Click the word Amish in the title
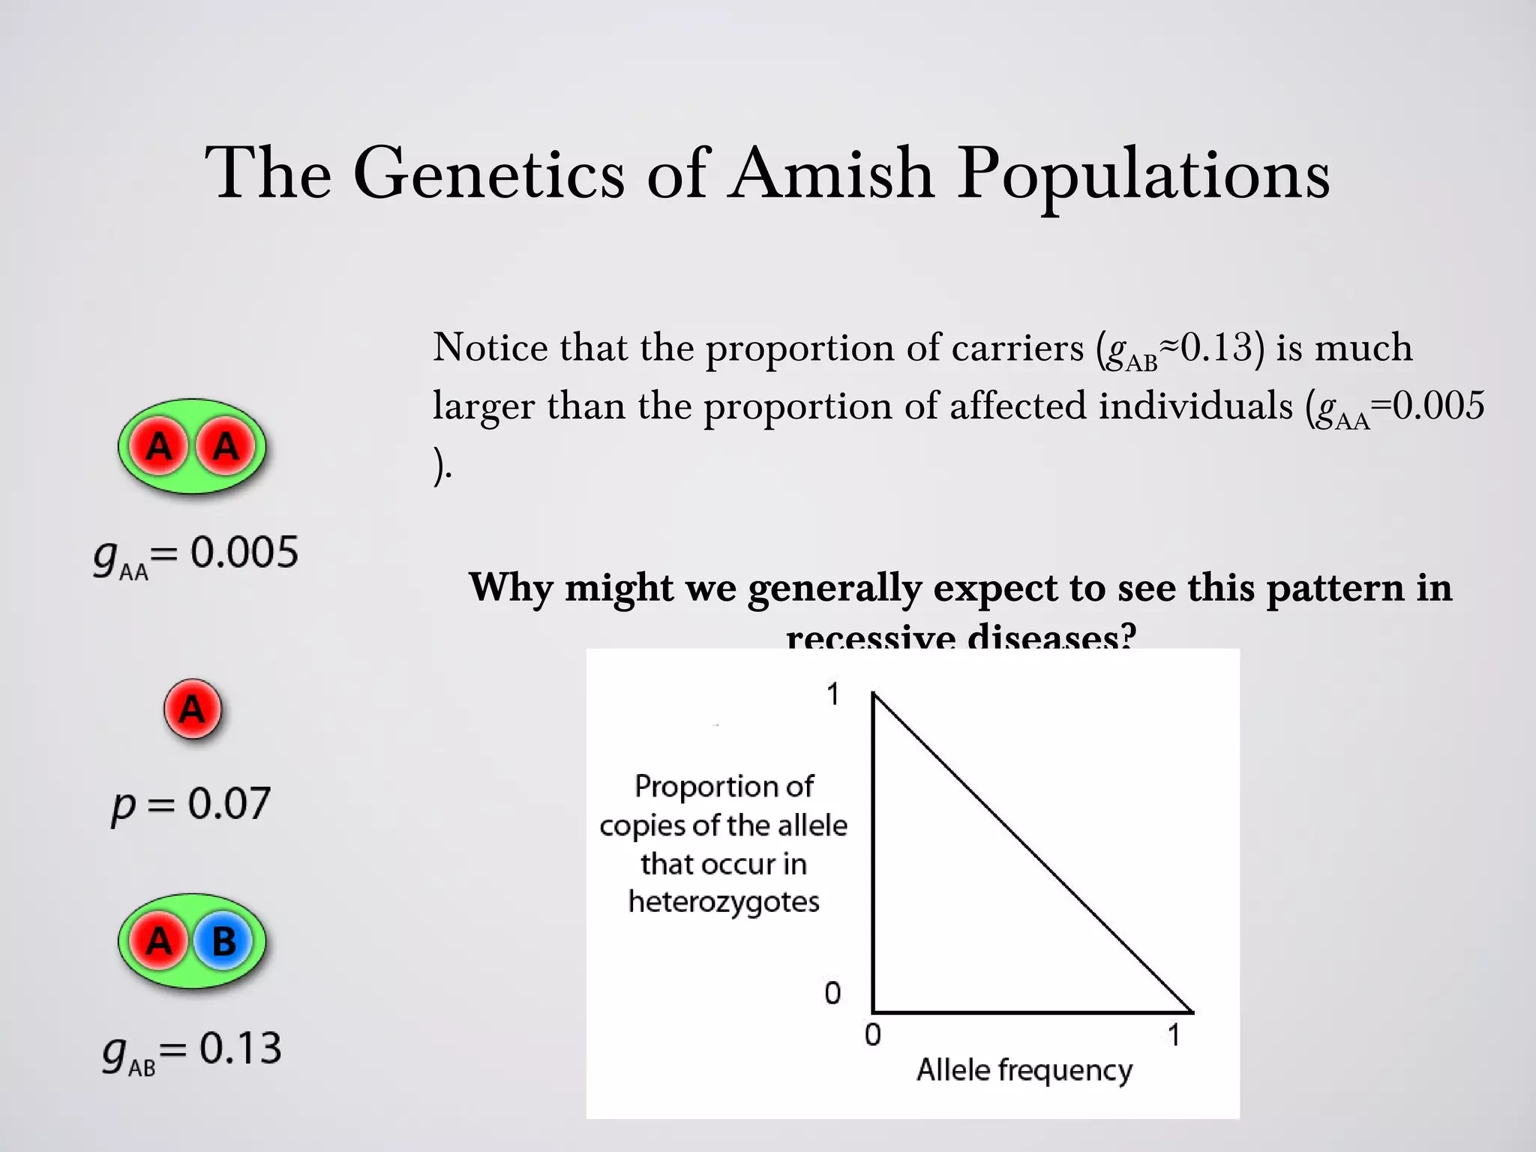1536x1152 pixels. (832, 174)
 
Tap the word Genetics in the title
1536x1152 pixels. (488, 174)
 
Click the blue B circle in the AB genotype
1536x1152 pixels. (223, 941)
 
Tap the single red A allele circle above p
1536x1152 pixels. (193, 709)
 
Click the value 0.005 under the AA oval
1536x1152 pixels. (244, 553)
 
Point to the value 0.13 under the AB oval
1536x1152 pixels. (240, 1048)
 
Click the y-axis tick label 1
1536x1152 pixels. (832, 694)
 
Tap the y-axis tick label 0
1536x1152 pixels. (832, 994)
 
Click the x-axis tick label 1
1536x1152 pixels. (1174, 1036)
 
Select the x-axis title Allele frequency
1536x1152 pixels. (1024, 1070)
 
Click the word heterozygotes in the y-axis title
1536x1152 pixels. (724, 902)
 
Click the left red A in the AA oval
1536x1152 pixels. (158, 447)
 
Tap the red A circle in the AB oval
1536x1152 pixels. (158, 941)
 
